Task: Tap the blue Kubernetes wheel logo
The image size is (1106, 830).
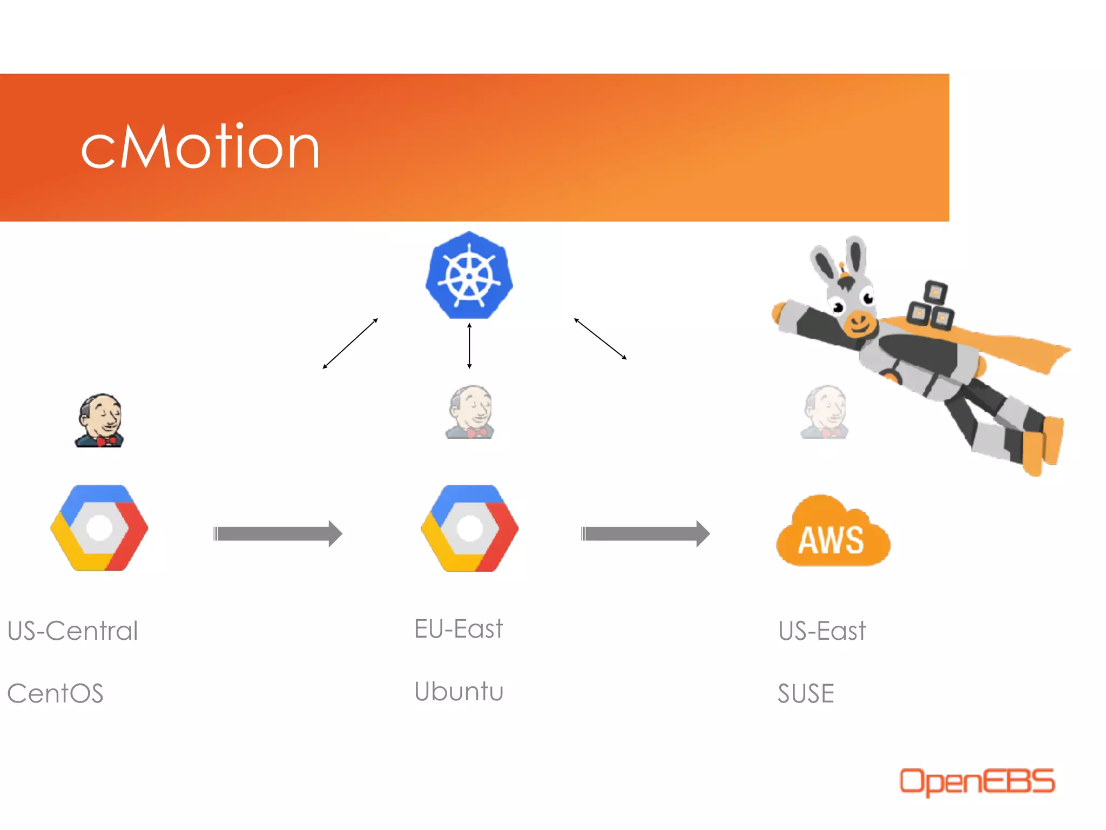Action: coord(469,276)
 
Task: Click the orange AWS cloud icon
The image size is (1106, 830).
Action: coord(832,532)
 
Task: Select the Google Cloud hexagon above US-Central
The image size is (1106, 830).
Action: coord(99,528)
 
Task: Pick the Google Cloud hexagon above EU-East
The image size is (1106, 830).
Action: coord(470,528)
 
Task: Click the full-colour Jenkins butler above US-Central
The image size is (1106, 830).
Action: coord(100,420)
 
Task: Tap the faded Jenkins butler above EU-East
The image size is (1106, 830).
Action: coord(470,412)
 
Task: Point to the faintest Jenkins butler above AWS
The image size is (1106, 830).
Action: coord(825,412)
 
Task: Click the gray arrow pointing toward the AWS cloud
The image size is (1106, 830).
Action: coord(645,534)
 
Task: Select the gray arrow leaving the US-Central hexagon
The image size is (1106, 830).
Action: coord(278,534)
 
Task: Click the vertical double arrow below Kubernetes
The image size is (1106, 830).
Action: coord(469,346)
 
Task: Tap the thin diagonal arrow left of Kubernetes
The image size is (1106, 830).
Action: coord(350,344)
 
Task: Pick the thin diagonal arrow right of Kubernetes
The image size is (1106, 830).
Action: coord(600,339)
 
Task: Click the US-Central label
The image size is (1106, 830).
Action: coord(73,631)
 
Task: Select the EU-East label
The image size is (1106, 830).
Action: coord(458,629)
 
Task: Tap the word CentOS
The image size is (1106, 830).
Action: coord(55,693)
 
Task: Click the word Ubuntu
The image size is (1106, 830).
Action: coord(459,692)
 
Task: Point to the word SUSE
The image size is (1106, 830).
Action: coord(806,693)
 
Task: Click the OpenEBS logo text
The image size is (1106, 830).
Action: coord(976,781)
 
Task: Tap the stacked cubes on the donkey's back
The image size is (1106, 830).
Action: coord(930,305)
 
